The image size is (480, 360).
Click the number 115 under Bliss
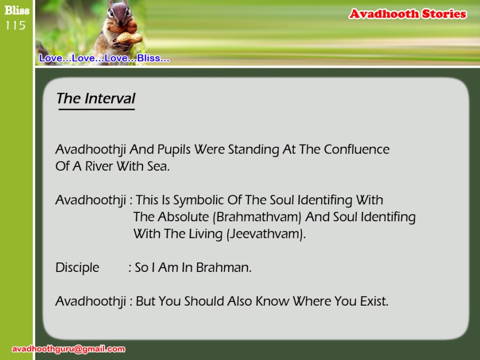click(x=15, y=26)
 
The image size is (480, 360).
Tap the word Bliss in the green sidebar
click(x=17, y=11)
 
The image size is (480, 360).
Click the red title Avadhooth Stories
click(x=407, y=14)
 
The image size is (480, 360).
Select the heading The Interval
click(x=95, y=98)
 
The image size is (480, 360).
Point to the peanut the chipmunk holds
click(x=129, y=38)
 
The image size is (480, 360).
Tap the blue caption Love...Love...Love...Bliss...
click(x=104, y=58)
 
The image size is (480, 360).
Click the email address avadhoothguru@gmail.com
click(x=68, y=349)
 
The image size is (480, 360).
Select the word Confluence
click(x=357, y=149)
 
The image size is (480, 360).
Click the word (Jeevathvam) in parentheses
click(x=266, y=234)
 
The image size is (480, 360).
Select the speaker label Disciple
click(x=77, y=268)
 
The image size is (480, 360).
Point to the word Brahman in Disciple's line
click(x=223, y=268)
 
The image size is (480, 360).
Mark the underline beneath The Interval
click(x=97, y=109)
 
